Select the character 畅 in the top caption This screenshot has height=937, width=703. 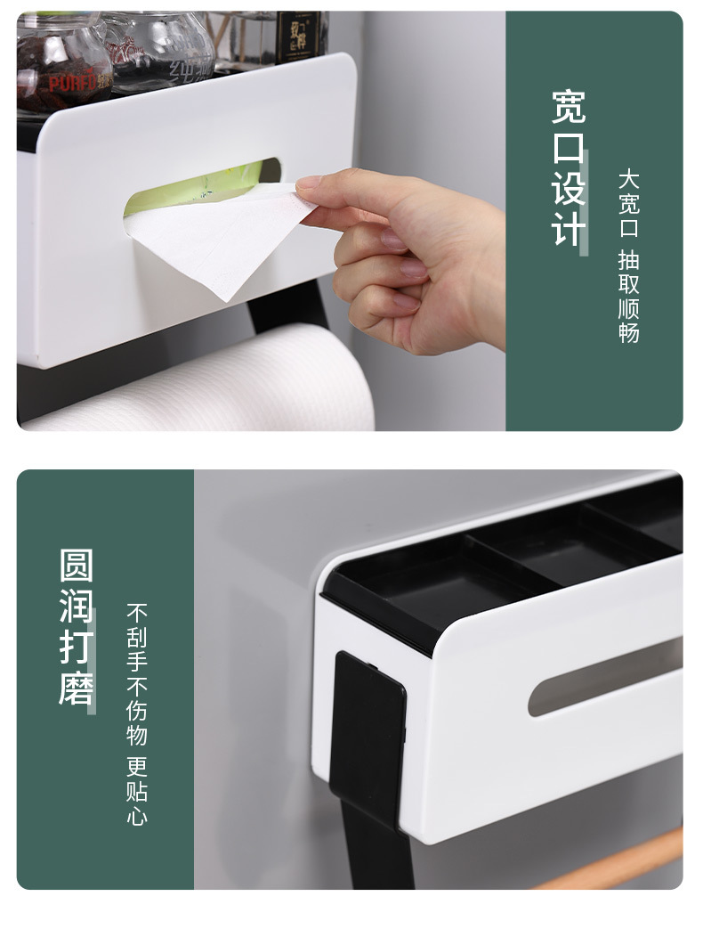[x=629, y=332]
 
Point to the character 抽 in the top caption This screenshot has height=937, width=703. [x=629, y=261]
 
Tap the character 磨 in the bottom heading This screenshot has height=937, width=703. [x=77, y=688]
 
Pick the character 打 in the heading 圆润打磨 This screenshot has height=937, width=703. [x=77, y=648]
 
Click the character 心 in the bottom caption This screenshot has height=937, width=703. [x=136, y=815]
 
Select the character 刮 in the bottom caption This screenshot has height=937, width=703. [x=136, y=638]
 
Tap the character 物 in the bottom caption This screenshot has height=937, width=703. [x=136, y=735]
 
